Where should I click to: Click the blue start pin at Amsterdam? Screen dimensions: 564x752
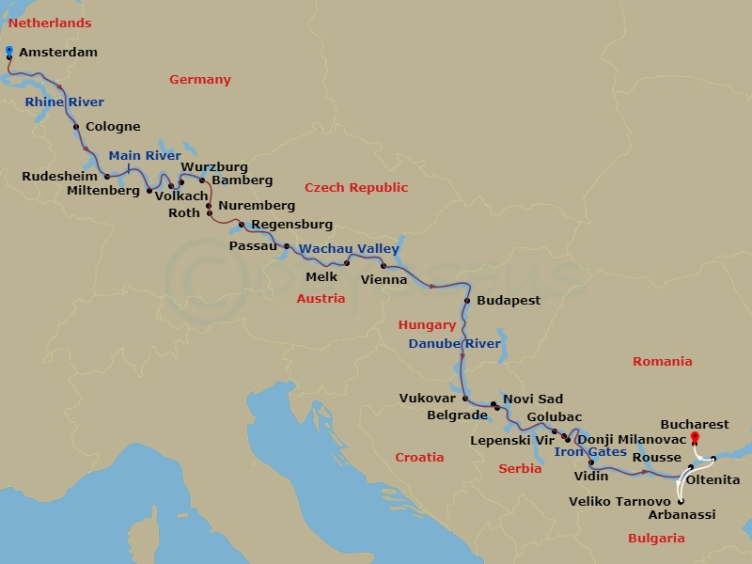8,51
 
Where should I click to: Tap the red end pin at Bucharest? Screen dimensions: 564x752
695,438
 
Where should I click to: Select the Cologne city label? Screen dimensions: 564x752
113,127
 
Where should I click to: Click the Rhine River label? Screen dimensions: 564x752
65,102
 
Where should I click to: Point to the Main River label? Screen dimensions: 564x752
145,156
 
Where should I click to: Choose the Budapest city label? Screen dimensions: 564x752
509,301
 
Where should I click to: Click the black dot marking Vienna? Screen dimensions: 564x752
384,266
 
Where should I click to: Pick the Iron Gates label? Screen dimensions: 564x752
590,452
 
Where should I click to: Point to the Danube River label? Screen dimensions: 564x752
454,344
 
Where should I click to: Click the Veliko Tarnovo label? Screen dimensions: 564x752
619,501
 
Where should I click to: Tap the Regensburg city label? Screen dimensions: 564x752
291,225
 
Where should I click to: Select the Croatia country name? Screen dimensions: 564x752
418,458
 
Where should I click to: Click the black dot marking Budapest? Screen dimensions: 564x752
466,301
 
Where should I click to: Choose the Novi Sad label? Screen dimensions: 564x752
533,399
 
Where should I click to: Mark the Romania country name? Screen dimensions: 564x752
662,362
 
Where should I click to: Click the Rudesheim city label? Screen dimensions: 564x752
60,176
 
